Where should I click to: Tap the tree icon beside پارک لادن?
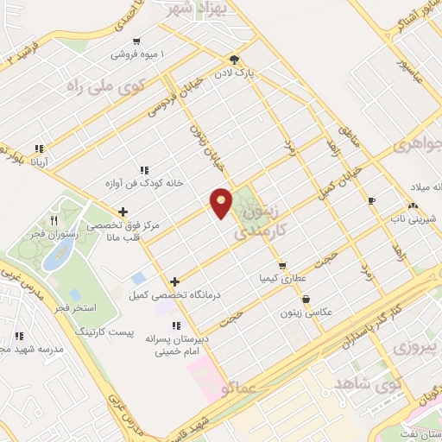click(234, 60)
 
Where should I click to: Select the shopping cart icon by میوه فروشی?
click(136, 41)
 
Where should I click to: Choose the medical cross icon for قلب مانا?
click(123, 212)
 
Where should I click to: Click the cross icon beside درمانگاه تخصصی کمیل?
click(175, 281)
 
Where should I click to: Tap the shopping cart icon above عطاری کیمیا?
click(281, 265)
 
